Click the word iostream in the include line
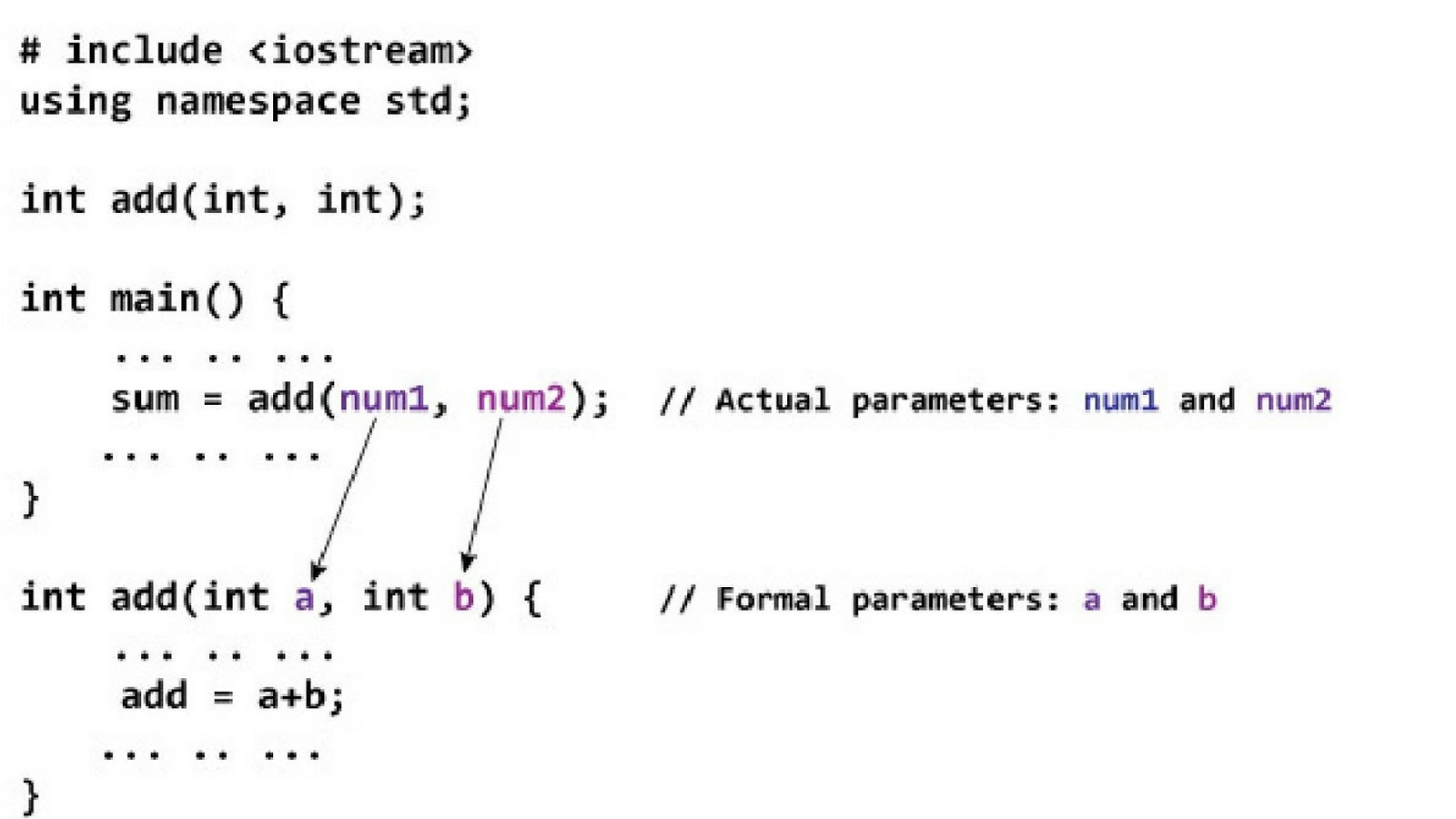[x=360, y=51]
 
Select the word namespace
[x=258, y=101]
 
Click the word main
[x=155, y=298]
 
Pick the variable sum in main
[x=145, y=399]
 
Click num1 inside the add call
[x=383, y=399]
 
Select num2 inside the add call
[x=521, y=399]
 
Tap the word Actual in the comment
[x=773, y=400]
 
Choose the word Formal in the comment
[x=773, y=599]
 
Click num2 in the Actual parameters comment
[x=1293, y=400]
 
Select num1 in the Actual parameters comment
[x=1120, y=400]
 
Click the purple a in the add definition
[x=304, y=598]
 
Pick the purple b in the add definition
[x=463, y=597]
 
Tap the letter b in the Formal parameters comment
[x=1207, y=599]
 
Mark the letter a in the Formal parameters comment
[x=1092, y=600]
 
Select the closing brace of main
[x=31, y=499]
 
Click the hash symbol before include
[x=30, y=51]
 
